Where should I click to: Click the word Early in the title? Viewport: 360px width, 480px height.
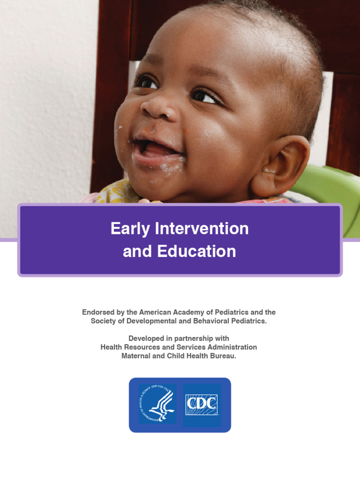coord(131,229)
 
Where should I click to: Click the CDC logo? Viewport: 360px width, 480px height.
coord(202,405)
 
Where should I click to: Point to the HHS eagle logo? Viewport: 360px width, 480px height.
coord(157,405)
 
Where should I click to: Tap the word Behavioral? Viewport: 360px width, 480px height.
coord(211,321)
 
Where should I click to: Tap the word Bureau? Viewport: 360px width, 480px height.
coord(223,356)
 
